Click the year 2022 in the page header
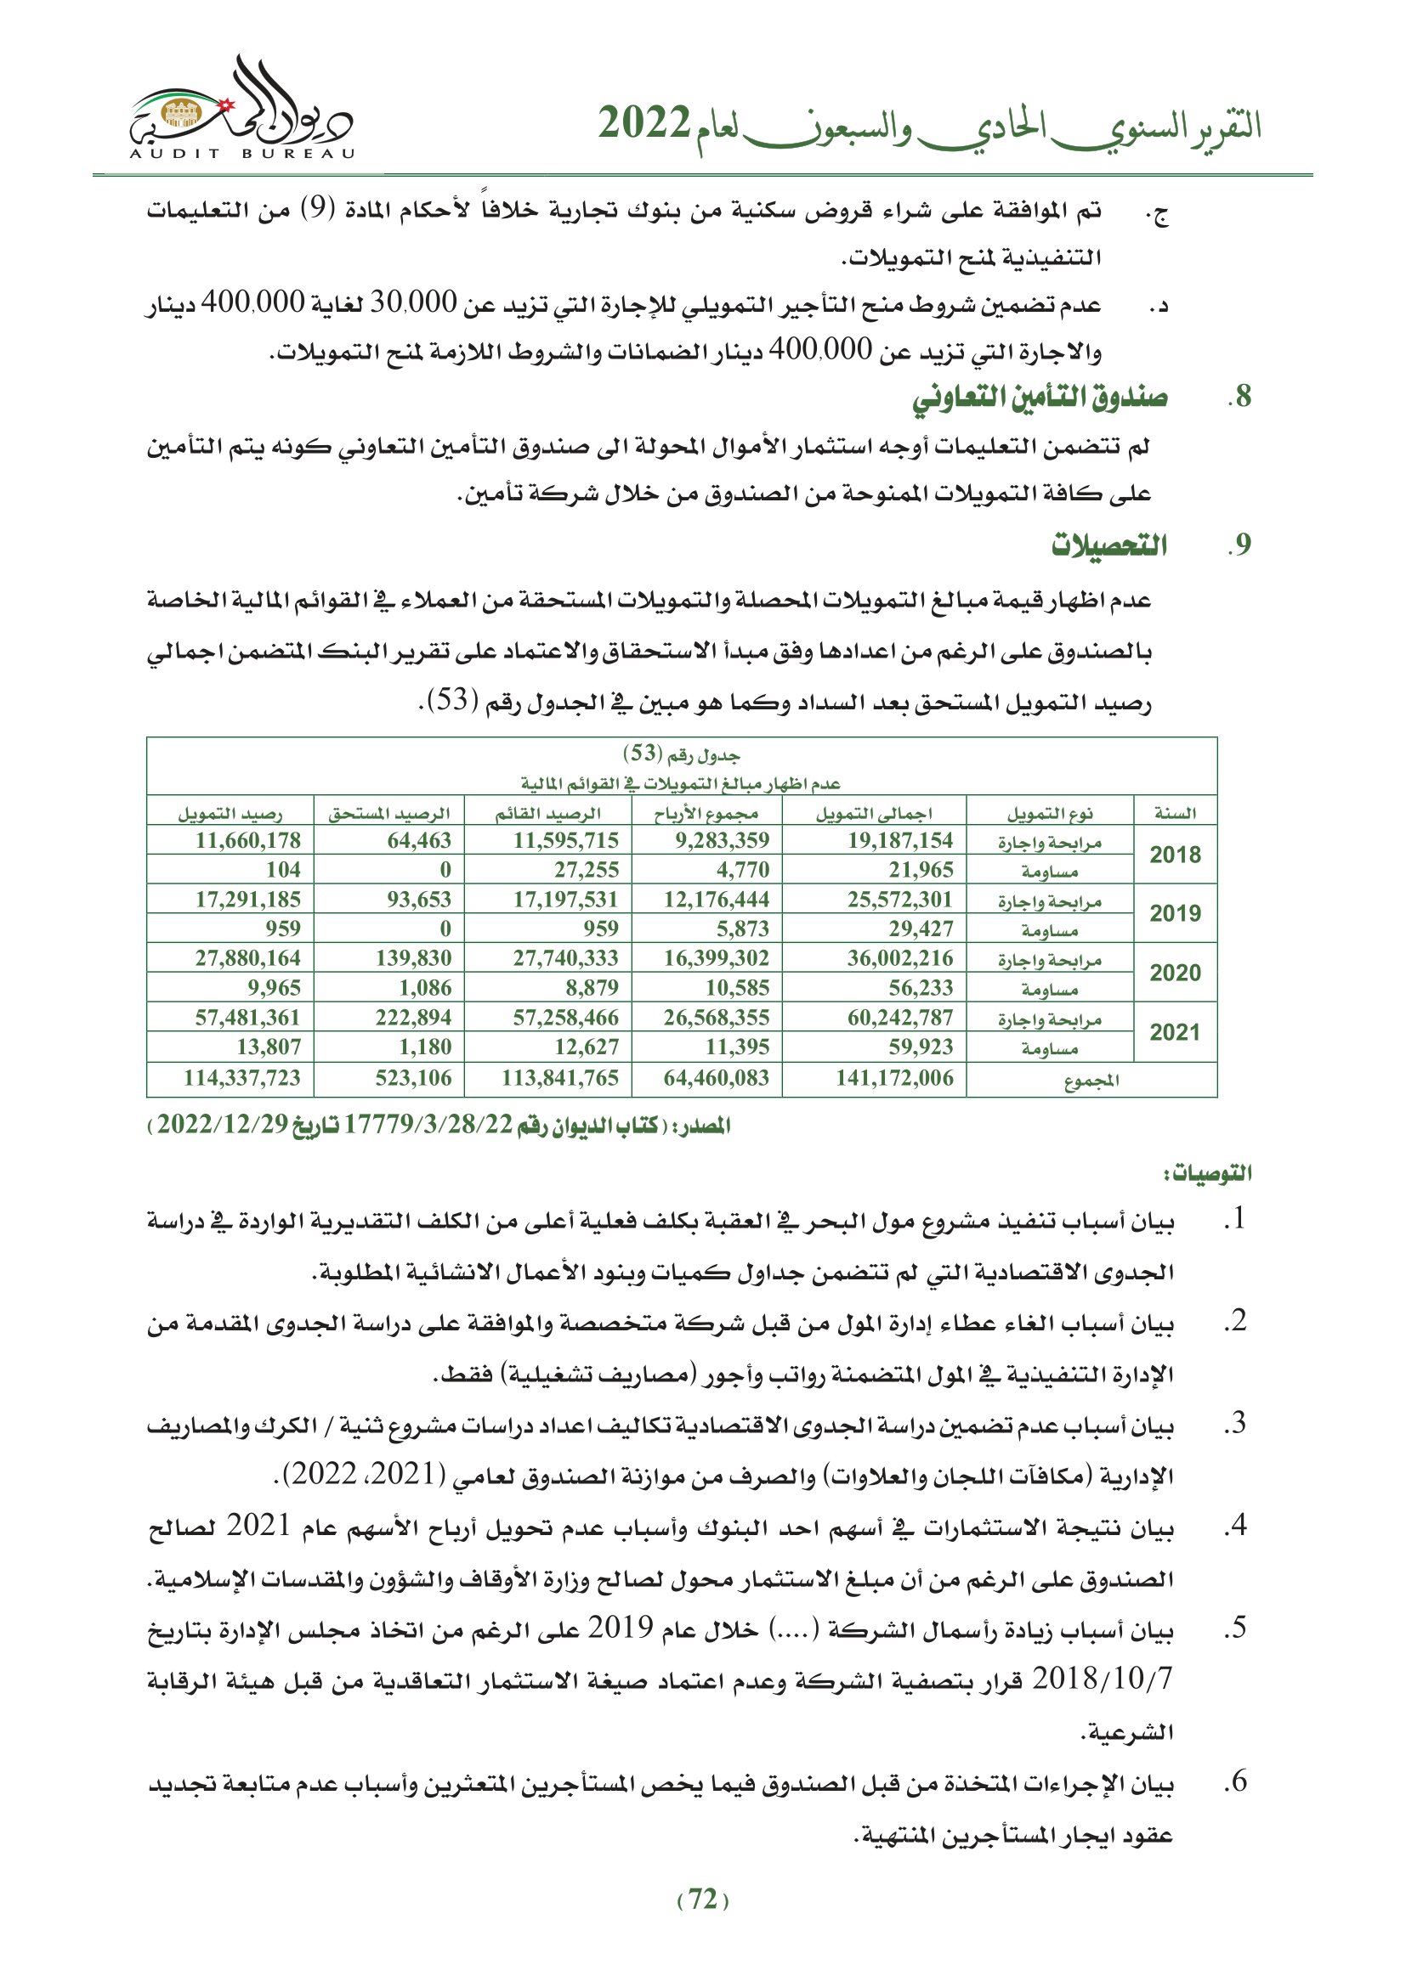coord(644,125)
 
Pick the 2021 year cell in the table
coord(1175,1031)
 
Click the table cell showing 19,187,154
coord(899,840)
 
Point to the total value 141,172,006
coord(893,1078)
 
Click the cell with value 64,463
coord(419,840)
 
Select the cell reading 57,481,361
coord(247,1018)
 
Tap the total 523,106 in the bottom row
coord(413,1078)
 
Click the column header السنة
coord(1175,813)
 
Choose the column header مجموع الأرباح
coord(706,813)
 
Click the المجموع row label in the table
coord(1091,1080)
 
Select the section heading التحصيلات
coord(1109,545)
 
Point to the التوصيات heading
coord(1207,1173)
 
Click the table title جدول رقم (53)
coord(682,754)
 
